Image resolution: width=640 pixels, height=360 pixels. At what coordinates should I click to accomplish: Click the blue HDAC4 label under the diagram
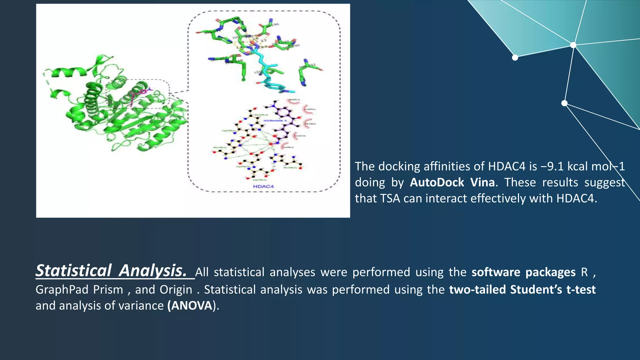(x=263, y=187)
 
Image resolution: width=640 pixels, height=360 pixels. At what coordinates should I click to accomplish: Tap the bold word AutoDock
(x=437, y=182)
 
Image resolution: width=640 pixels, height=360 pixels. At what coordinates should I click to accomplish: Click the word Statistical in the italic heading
(x=73, y=271)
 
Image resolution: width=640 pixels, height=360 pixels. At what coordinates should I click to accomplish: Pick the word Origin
(x=176, y=290)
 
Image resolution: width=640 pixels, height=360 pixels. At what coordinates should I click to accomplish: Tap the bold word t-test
(x=581, y=290)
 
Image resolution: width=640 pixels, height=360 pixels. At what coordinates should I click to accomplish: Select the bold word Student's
(x=536, y=290)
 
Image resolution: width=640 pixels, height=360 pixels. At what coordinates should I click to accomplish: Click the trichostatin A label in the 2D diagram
(x=275, y=120)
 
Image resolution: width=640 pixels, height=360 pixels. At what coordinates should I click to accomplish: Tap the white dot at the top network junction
(x=573, y=45)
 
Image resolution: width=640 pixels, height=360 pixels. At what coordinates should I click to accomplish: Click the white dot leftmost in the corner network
(x=515, y=57)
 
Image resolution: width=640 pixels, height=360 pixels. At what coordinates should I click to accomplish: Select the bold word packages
(x=550, y=272)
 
